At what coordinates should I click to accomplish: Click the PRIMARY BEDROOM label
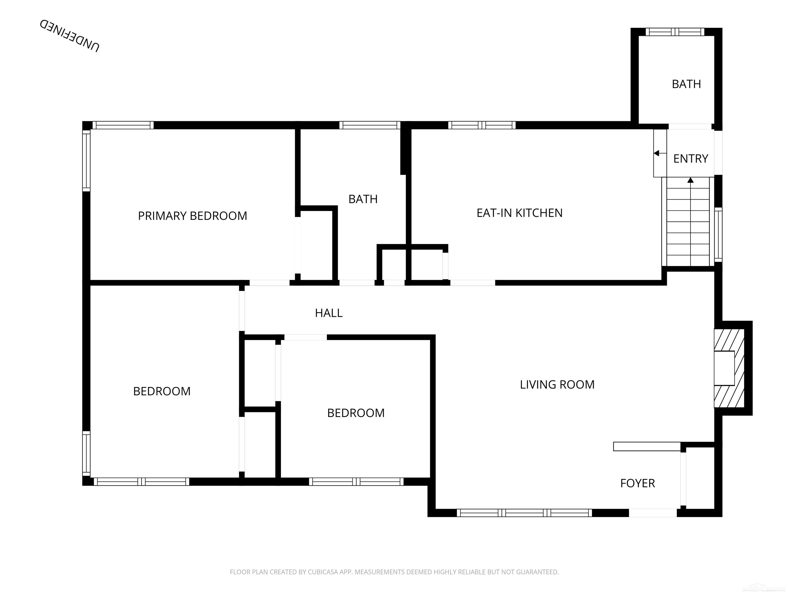pos(192,216)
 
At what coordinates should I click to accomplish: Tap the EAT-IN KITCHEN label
pos(519,213)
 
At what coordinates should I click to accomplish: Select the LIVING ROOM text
pos(557,385)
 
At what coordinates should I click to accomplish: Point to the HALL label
pos(328,313)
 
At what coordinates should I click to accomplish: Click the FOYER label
pos(637,483)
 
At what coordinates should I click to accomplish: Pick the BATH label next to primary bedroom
pos(363,199)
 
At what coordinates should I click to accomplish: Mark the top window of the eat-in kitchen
pos(482,125)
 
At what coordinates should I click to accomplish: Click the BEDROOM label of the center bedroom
pos(356,413)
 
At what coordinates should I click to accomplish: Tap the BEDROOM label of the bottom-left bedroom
pos(162,391)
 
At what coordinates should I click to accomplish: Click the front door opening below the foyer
pos(652,513)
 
